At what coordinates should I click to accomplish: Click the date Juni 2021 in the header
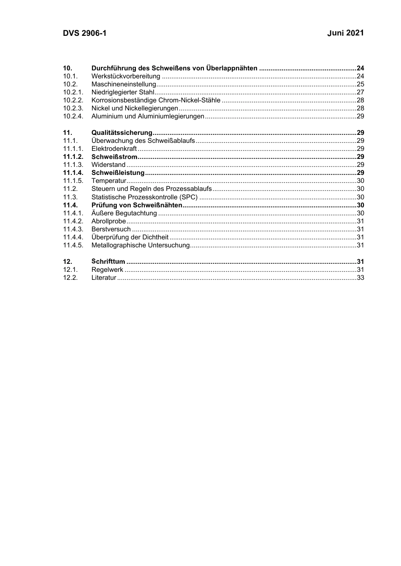[345, 33]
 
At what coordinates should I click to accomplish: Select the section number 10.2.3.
[73, 108]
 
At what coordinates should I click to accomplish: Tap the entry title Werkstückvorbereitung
[126, 76]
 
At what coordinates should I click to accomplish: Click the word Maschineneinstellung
[124, 84]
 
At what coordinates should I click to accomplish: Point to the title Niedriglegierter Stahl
[123, 92]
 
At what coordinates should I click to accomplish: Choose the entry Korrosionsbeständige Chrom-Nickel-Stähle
[156, 100]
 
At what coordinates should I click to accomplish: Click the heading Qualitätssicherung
[122, 133]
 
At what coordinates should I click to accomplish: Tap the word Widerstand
[108, 165]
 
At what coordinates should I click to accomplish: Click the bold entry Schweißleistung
[118, 173]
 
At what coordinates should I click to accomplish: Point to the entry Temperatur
[109, 181]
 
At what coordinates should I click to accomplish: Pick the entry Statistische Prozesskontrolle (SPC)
[144, 197]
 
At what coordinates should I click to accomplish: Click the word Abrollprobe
[108, 221]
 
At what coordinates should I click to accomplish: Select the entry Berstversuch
[111, 229]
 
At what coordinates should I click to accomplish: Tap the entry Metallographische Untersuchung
[141, 245]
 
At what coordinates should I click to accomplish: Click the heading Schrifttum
[108, 262]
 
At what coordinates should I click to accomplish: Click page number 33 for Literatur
[360, 278]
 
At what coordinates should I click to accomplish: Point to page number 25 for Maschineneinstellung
[360, 84]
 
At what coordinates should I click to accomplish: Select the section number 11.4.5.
[73, 245]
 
